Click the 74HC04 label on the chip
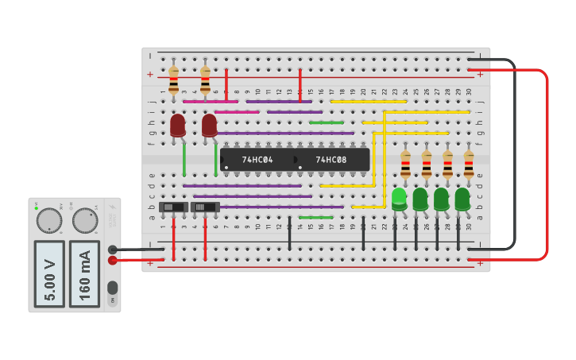click(257, 160)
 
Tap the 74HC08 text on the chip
click(331, 160)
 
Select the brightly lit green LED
click(399, 197)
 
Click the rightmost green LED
click(462, 198)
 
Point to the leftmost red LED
click(178, 125)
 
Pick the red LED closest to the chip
click(209, 125)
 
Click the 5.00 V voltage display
click(49, 273)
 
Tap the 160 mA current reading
click(84, 273)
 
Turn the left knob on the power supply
click(48, 220)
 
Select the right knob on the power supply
click(85, 220)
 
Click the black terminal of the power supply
click(113, 250)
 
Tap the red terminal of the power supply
click(113, 260)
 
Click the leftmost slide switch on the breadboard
click(173, 207)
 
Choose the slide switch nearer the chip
click(205, 207)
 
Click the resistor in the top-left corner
click(173, 79)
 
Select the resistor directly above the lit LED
click(405, 165)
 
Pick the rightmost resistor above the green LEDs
click(469, 165)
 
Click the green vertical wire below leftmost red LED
click(184, 159)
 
